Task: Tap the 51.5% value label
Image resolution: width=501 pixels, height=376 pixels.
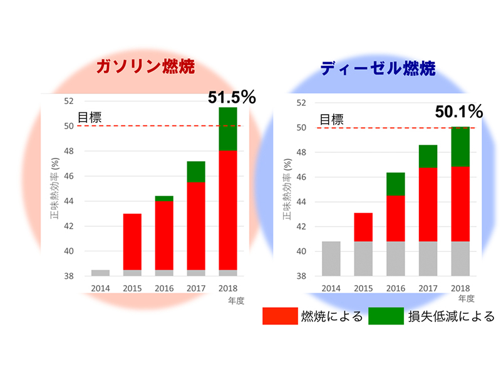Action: [232, 97]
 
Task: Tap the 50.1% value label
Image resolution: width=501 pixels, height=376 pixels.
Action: [459, 112]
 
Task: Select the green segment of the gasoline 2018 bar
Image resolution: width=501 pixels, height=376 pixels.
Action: [227, 128]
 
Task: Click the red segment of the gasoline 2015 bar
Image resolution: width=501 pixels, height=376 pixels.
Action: [132, 242]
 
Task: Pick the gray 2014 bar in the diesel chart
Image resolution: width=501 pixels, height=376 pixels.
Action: [331, 258]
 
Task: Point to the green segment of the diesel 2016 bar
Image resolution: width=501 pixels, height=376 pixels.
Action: [395, 184]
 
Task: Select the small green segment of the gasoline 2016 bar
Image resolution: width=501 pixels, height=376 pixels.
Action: [163, 199]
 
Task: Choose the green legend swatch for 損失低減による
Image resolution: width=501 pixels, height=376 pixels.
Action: [386, 316]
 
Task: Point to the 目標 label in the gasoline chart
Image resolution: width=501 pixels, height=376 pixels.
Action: [89, 117]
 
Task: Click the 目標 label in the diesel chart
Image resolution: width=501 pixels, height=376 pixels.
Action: [333, 119]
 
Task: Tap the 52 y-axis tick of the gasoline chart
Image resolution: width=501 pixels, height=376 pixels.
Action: [69, 101]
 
